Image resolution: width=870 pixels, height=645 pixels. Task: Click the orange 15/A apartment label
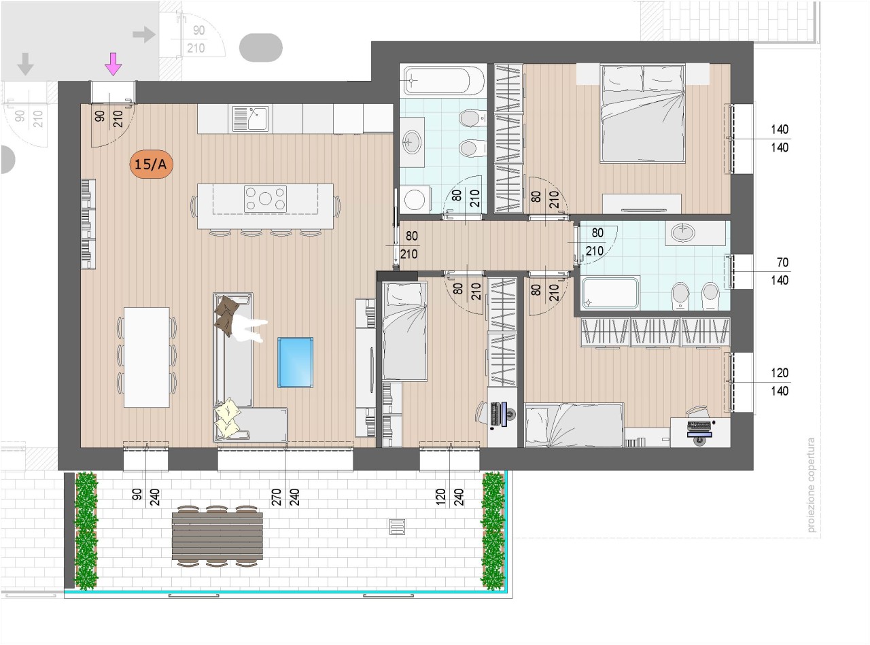click(x=151, y=164)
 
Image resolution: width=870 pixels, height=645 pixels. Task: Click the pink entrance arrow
click(x=113, y=64)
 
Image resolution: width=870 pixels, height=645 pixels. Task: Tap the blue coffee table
click(x=296, y=362)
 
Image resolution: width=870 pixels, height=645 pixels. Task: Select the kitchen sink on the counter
click(x=251, y=118)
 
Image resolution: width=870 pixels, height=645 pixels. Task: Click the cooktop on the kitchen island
click(x=265, y=198)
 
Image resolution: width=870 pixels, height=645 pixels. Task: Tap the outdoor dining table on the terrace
click(x=217, y=536)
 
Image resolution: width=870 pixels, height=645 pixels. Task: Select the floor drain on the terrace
click(x=398, y=527)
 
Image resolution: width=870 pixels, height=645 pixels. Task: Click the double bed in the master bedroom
click(x=642, y=114)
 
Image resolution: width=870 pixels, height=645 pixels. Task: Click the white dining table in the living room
click(x=147, y=357)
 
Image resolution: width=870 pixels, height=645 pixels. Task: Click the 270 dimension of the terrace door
click(x=276, y=497)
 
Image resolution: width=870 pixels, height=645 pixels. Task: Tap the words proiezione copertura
click(x=811, y=485)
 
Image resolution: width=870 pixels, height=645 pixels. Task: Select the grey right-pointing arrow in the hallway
click(x=144, y=34)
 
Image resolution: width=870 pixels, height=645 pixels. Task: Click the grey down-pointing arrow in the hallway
click(x=26, y=64)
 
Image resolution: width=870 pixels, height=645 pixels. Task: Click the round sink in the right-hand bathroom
click(x=683, y=232)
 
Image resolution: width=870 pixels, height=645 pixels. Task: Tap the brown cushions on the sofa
click(x=227, y=315)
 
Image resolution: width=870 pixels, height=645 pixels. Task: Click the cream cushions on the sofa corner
click(x=228, y=417)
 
